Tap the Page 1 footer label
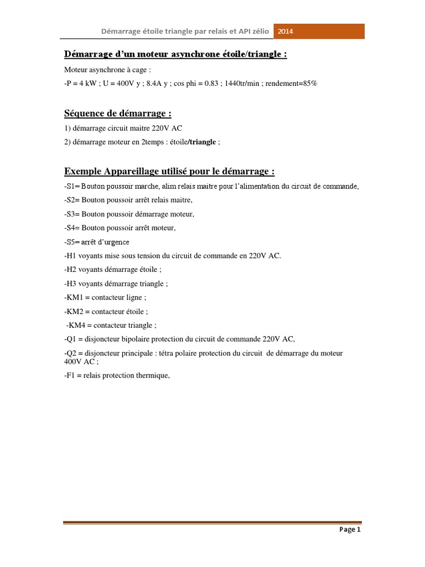click(350, 529)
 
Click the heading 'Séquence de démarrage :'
click(118, 114)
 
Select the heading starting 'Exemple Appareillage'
click(169, 171)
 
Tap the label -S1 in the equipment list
click(70, 186)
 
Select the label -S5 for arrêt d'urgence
click(70, 242)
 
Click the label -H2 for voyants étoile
click(71, 270)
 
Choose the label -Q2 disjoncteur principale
click(71, 353)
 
